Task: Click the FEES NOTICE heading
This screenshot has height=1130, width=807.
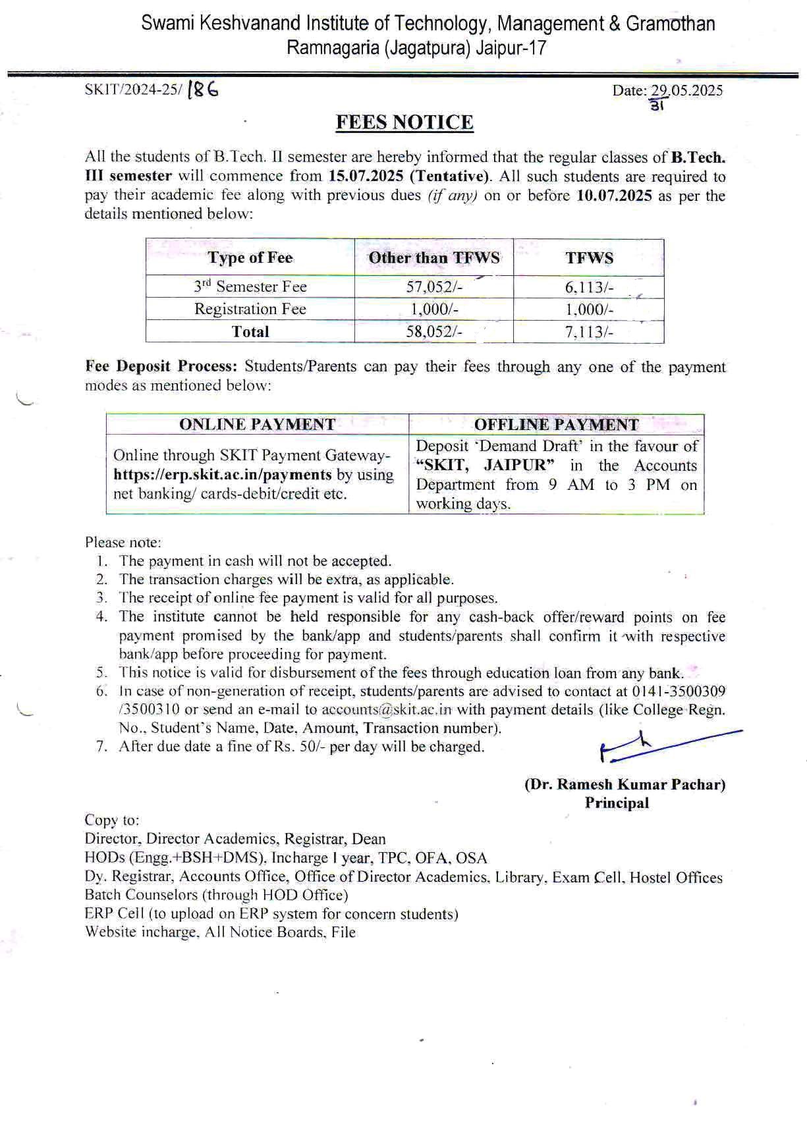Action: tap(404, 123)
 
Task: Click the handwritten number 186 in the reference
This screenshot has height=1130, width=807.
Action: tap(203, 90)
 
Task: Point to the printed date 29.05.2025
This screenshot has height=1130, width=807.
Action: tap(687, 91)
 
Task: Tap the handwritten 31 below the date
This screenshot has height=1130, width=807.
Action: tap(656, 105)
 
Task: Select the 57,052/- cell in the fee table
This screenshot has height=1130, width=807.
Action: tap(433, 286)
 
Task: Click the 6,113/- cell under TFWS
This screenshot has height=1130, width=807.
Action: tap(588, 286)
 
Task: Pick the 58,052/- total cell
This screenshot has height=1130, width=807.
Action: tap(433, 332)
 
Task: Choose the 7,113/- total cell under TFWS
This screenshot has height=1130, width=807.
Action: tap(588, 332)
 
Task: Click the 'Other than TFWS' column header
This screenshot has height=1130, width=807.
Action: tap(433, 257)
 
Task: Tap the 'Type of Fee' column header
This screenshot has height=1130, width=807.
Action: tap(250, 257)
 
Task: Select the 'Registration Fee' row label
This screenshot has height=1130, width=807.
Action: tap(250, 309)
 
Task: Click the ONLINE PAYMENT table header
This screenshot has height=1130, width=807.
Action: tap(257, 425)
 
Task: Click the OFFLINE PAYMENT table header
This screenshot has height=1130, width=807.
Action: tap(556, 425)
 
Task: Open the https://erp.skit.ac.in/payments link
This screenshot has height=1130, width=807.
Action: tap(223, 475)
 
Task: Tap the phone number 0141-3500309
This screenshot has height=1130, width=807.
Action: tap(679, 691)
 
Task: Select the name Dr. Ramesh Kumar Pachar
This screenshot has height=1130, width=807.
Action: tap(625, 784)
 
